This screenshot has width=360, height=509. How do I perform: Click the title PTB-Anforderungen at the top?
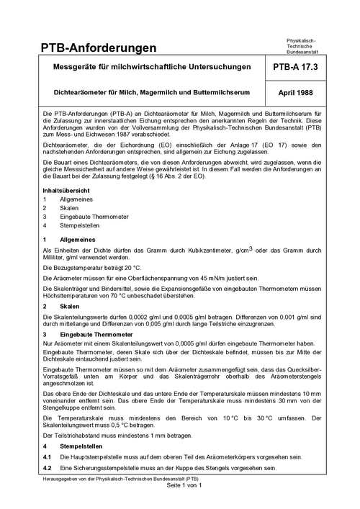pyautogui.click(x=99, y=48)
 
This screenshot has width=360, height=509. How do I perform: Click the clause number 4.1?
pyautogui.click(x=47, y=457)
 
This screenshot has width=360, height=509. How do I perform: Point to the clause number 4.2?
pyautogui.click(x=47, y=468)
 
